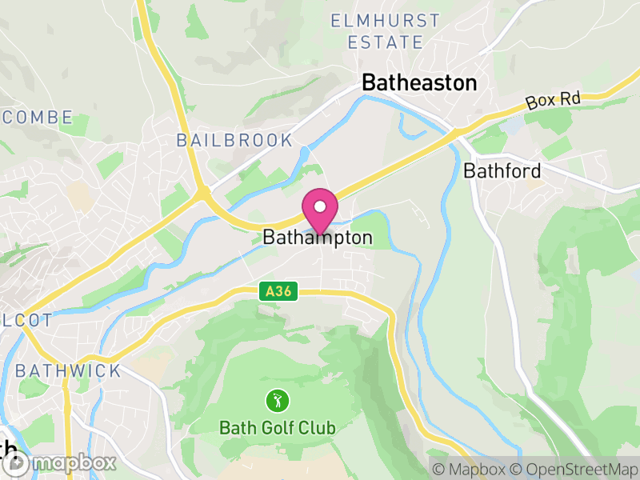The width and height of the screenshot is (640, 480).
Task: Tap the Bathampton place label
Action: pos(318,238)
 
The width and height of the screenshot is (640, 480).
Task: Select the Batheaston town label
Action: pos(419,82)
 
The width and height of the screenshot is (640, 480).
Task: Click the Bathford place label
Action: pos(502,170)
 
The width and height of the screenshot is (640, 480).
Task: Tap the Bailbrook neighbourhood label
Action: pos(234,141)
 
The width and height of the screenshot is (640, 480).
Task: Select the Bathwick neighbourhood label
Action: pos(68,371)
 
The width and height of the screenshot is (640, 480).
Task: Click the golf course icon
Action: pos(278,399)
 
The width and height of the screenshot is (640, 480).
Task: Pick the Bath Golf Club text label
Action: pos(278,428)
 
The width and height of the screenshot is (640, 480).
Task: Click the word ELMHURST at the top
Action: pos(386,20)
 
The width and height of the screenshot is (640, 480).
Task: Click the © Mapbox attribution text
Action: pos(469,469)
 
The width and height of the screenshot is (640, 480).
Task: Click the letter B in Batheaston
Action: pos(370,82)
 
